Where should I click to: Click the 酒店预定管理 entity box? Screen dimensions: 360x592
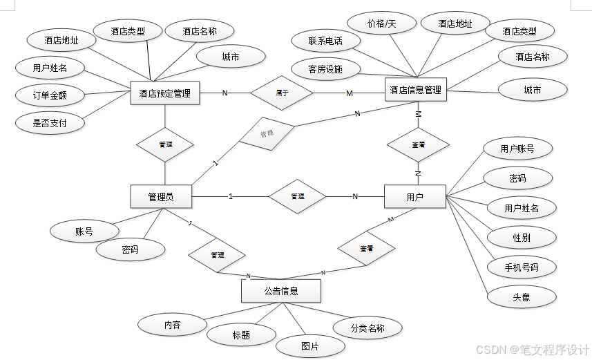[x=164, y=93]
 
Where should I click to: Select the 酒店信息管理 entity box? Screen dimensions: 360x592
[x=415, y=89]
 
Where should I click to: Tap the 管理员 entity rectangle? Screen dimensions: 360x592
[x=160, y=197]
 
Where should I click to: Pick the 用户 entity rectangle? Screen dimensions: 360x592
[x=414, y=197]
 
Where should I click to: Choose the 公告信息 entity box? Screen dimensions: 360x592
[x=280, y=291]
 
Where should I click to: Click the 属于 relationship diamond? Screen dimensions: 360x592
[x=282, y=93]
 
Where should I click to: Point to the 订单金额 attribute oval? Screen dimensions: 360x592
[x=50, y=95]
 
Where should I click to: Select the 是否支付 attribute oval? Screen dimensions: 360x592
[x=50, y=123]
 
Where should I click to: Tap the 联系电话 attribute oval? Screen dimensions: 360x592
[x=325, y=41]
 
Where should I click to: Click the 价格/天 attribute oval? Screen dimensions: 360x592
[x=382, y=23]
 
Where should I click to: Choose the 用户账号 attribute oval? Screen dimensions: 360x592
[x=517, y=148]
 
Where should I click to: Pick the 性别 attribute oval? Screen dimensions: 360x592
[x=522, y=238]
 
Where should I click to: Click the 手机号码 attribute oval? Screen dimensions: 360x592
[x=522, y=267]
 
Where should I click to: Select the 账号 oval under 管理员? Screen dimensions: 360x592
[x=84, y=231]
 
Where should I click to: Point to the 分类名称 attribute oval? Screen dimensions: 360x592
[x=367, y=328]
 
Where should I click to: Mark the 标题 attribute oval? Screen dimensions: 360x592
[x=241, y=335]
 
